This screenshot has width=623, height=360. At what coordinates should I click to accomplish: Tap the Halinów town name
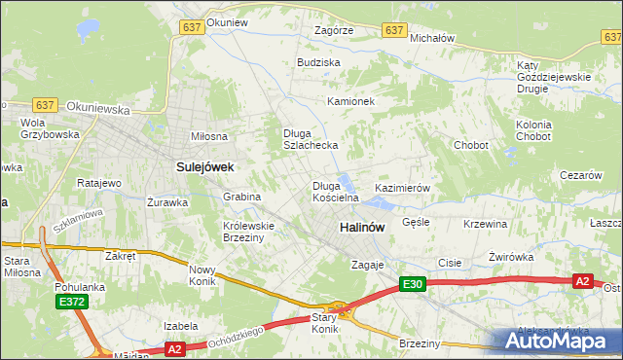click(362, 227)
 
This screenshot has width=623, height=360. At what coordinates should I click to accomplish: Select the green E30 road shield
click(413, 283)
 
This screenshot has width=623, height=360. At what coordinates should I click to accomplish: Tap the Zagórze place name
click(333, 30)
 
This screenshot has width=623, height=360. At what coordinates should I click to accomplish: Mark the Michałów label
click(433, 38)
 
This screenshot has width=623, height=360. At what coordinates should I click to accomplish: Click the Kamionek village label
click(351, 101)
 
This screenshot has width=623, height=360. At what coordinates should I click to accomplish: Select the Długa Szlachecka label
click(310, 139)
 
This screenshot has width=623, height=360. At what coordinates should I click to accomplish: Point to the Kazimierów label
click(402, 187)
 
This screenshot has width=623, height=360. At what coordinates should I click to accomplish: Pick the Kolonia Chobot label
click(533, 131)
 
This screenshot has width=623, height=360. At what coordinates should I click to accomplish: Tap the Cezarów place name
click(581, 175)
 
